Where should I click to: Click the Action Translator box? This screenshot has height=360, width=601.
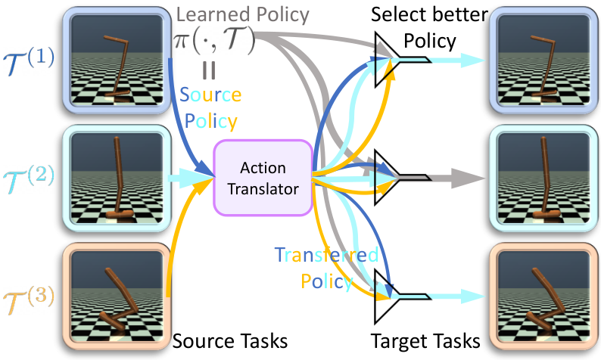point(263,178)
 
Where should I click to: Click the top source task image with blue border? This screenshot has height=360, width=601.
point(117,61)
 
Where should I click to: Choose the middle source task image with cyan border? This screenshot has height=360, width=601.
point(117,178)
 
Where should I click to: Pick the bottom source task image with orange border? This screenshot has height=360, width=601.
point(117,296)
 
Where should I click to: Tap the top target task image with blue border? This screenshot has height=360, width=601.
point(544,61)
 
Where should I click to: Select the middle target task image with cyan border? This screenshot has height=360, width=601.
point(544,178)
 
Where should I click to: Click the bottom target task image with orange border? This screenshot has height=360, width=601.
point(544,296)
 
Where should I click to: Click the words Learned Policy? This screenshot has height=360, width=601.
point(242,15)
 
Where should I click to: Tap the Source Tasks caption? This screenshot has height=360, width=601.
point(230,340)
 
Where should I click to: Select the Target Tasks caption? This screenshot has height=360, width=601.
point(425,340)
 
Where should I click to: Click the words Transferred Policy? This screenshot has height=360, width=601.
point(326,268)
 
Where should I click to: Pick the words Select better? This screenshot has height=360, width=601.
point(429,14)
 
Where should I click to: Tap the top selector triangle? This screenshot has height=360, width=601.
point(386,60)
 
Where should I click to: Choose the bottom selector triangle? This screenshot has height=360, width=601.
point(386,296)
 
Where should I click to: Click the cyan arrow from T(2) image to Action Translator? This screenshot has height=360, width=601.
point(191,178)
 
